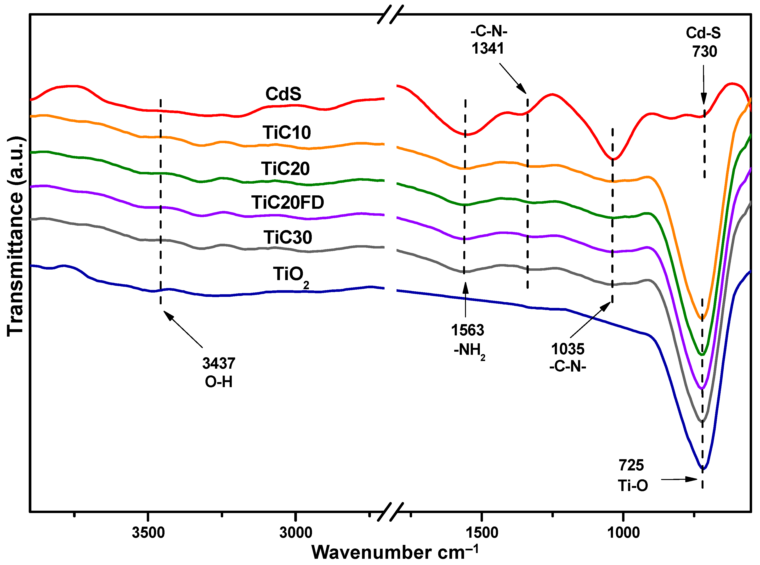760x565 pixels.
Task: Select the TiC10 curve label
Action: [287, 132]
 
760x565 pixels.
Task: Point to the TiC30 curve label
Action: [288, 237]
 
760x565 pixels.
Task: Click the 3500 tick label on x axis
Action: [148, 532]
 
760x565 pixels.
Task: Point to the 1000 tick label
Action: [623, 532]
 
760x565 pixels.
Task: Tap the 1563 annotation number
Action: [467, 330]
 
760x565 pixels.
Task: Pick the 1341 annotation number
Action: [488, 48]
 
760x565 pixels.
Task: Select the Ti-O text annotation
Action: [633, 486]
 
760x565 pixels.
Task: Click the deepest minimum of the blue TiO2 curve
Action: [702, 469]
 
